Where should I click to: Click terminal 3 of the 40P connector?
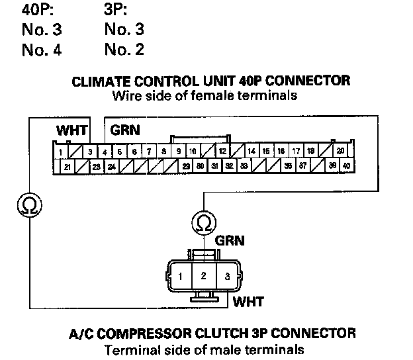(x=91, y=152)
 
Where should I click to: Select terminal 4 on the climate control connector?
(x=105, y=152)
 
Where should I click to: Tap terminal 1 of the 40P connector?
(x=61, y=152)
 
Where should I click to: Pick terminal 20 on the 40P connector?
(x=340, y=151)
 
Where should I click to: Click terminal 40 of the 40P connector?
(x=347, y=165)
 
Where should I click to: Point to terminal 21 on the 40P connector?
(x=68, y=166)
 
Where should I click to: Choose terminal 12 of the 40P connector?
(x=223, y=152)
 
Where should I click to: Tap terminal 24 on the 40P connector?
(x=111, y=166)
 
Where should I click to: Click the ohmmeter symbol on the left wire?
(x=29, y=205)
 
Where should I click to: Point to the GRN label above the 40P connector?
(x=125, y=130)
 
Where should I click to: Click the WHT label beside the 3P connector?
(x=250, y=302)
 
